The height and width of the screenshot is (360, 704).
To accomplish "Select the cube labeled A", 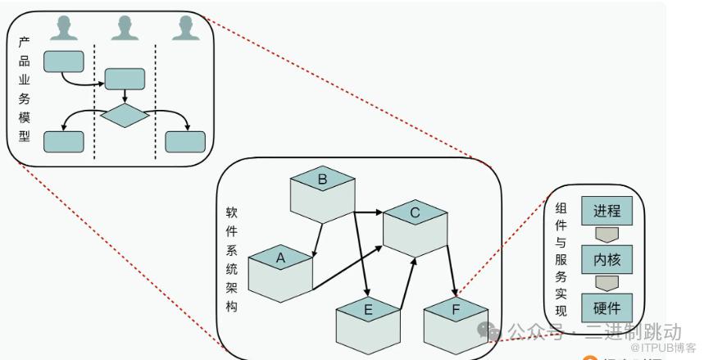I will pyautogui.click(x=281, y=270).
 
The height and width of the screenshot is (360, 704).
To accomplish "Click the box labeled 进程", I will pyautogui.click(x=606, y=210).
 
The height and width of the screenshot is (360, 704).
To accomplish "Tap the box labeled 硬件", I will pyautogui.click(x=606, y=308).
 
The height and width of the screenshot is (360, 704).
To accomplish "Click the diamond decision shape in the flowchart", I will pyautogui.click(x=125, y=116).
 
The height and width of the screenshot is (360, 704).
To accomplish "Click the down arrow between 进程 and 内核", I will pyautogui.click(x=606, y=235).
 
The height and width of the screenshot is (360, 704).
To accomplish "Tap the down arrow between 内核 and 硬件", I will pyautogui.click(x=606, y=284).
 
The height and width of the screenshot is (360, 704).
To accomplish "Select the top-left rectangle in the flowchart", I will pyautogui.click(x=63, y=60).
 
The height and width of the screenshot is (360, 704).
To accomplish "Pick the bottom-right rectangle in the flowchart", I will pyautogui.click(x=185, y=141).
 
